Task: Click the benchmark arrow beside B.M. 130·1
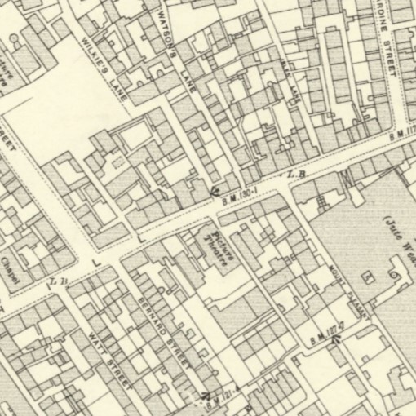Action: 216,190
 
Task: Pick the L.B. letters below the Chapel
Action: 57,281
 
